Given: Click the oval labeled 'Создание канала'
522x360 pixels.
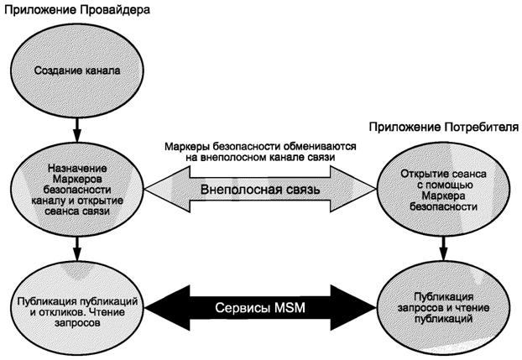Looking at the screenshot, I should click(77, 70).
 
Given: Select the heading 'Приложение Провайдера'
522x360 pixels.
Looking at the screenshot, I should click(76, 11).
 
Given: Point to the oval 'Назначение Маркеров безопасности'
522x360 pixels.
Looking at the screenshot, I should click(77, 189).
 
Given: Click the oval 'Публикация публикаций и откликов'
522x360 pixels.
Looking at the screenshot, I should click(77, 303).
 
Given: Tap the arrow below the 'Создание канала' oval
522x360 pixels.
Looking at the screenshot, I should click(77, 125).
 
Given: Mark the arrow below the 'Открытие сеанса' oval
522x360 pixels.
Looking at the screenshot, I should click(440, 247).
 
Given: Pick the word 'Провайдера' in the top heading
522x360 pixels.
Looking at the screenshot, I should click(110, 11).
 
